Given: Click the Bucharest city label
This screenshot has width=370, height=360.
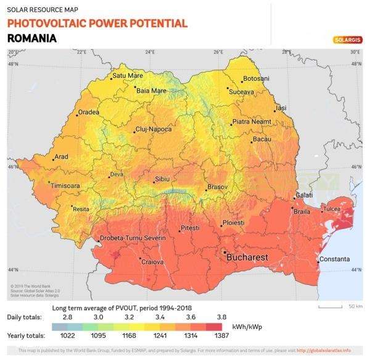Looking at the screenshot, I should click(x=249, y=256).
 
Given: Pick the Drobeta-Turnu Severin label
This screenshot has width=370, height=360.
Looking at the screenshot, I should click(x=133, y=238).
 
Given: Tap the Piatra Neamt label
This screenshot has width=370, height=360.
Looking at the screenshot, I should click(x=252, y=122).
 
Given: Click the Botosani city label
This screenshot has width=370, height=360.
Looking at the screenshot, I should click(x=257, y=79).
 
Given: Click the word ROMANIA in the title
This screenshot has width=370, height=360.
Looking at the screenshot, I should click(x=32, y=38).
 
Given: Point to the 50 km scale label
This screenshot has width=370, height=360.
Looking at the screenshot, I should click(x=355, y=306).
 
